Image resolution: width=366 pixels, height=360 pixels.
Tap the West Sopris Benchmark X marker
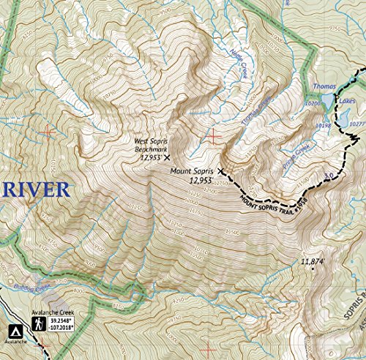(167, 157)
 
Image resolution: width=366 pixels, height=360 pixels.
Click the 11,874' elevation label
(313, 261)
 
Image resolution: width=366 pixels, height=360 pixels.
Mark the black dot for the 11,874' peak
(313, 269)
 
